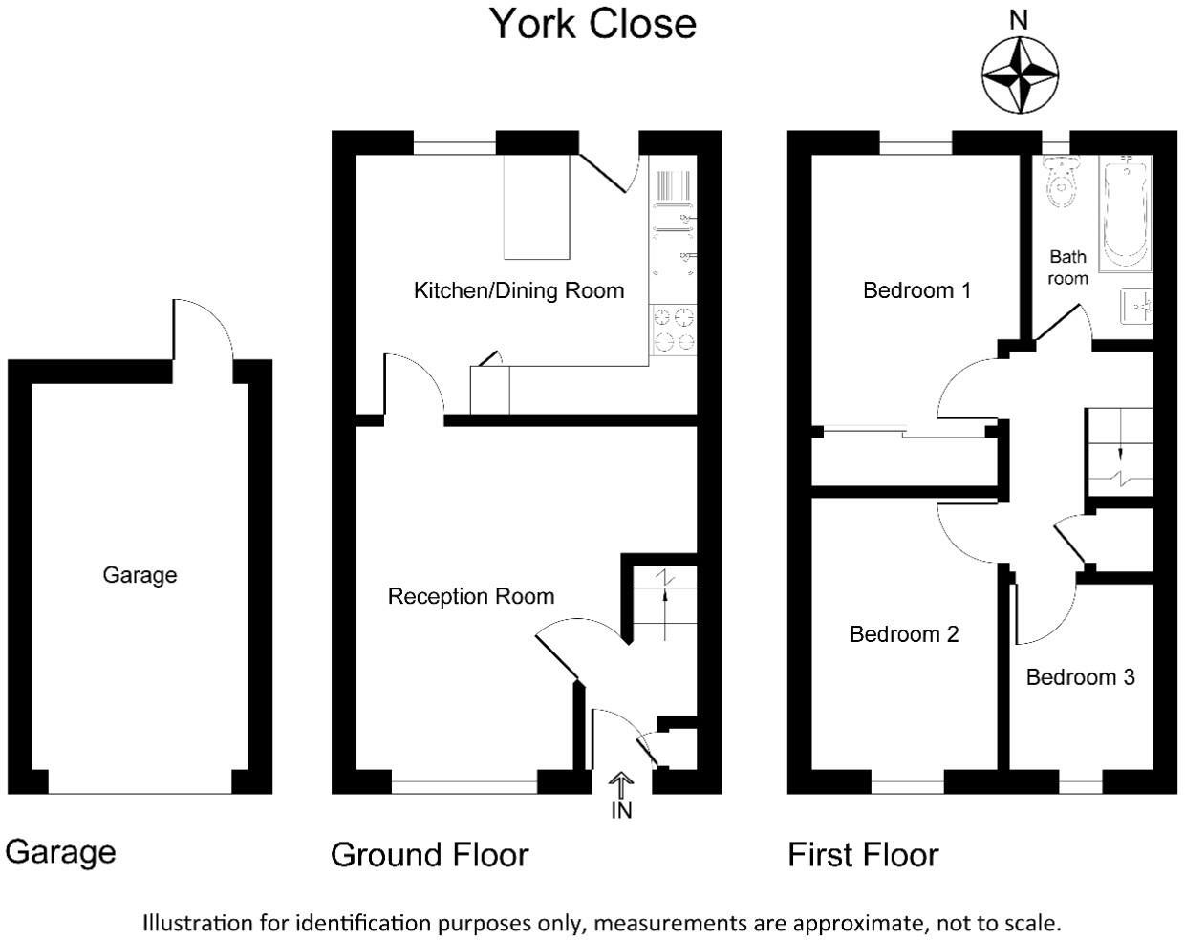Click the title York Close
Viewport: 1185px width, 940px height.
point(592,24)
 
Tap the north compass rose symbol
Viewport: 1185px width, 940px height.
point(1020,74)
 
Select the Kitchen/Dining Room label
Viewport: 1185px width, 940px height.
point(518,290)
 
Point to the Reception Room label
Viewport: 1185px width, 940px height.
point(471,597)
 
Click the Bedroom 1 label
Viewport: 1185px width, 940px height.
point(916,290)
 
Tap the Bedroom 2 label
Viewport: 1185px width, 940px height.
point(904,634)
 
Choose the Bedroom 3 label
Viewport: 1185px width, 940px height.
point(1080,677)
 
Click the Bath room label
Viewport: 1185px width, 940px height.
point(1067,267)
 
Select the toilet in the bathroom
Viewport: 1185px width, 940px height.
point(1061,182)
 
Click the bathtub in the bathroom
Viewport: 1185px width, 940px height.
point(1126,212)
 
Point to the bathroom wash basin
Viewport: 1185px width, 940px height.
point(1135,306)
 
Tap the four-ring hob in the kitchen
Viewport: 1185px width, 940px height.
point(674,330)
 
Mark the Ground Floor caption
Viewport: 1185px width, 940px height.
point(429,854)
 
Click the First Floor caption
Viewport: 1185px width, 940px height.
point(863,854)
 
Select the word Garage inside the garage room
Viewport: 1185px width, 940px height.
point(140,575)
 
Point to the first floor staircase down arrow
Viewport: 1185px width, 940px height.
point(1120,453)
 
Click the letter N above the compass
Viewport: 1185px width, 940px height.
point(1019,20)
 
